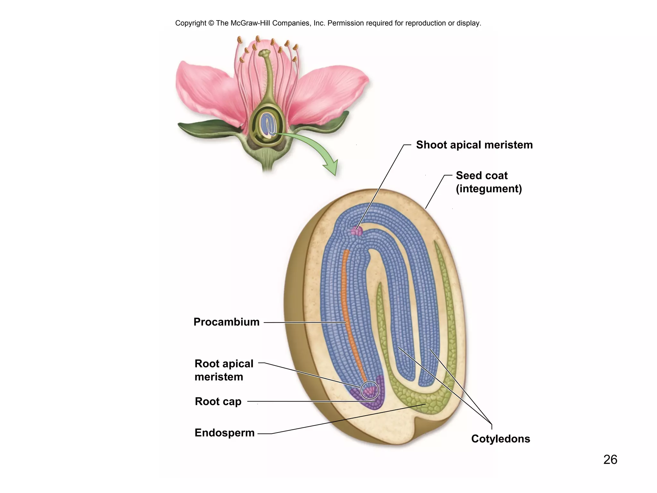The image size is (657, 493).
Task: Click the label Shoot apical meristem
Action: point(474,145)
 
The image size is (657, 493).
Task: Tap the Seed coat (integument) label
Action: point(489,182)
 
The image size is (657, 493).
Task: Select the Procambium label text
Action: point(226,322)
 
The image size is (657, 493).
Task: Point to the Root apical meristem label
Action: point(224,370)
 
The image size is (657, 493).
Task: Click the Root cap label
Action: point(218,402)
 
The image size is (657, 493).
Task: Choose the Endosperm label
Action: point(225,433)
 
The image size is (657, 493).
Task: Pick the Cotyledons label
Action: point(500,439)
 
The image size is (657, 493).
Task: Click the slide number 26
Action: point(610,460)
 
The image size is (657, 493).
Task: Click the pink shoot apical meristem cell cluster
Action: point(356,231)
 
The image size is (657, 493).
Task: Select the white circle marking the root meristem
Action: point(370,390)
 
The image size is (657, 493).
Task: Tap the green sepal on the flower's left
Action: point(205,128)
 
